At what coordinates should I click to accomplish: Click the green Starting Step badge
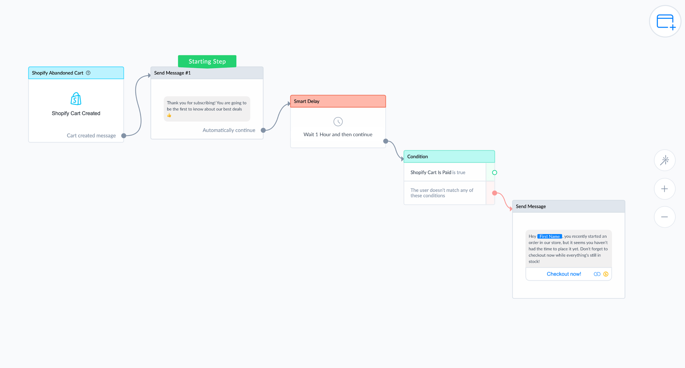coord(207,61)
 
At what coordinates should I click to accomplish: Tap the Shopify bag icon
coord(76,99)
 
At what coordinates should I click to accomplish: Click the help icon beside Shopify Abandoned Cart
coord(88,73)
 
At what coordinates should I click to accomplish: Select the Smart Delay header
coord(338,101)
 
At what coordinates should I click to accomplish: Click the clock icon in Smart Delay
coord(338,121)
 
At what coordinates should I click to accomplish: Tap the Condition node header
coord(449,157)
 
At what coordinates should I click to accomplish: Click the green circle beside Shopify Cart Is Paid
coord(495,173)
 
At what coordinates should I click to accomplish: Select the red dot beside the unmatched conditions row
coord(495,193)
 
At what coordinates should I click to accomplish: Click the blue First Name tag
coord(549,237)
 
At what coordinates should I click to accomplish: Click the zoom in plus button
coord(665,189)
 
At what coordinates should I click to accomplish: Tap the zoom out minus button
coord(665,217)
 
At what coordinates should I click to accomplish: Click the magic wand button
coord(665,160)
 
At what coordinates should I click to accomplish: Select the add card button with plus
coord(665,21)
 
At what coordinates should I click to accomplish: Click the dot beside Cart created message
coord(124,136)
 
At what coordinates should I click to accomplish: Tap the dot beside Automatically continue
coord(263,130)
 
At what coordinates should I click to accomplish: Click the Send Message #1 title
coord(172,73)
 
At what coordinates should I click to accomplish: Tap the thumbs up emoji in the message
coord(169,115)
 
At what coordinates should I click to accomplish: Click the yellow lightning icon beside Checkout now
coord(606,274)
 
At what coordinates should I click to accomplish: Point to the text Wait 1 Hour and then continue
coord(338,134)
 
